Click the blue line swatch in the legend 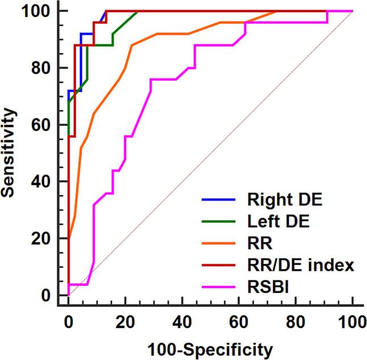[219, 200]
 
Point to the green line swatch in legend [219, 222]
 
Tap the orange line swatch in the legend [219, 245]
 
